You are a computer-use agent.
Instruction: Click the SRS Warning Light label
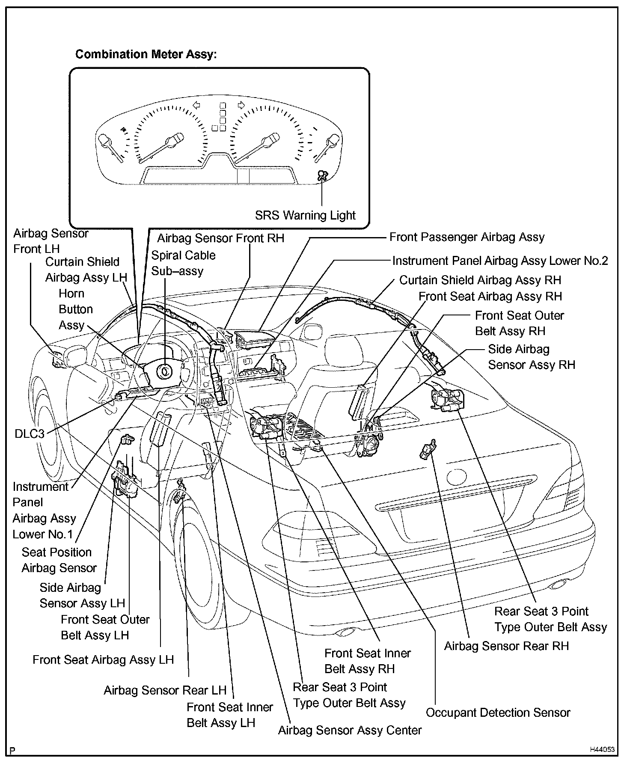pyautogui.click(x=305, y=215)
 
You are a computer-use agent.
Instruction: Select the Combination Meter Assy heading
pyautogui.click(x=146, y=54)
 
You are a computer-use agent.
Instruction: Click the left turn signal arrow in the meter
pyautogui.click(x=197, y=105)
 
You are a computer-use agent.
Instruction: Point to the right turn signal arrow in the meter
pyautogui.click(x=241, y=105)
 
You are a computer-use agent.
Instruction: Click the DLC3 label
pyautogui.click(x=29, y=433)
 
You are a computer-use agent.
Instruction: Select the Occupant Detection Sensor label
pyautogui.click(x=498, y=713)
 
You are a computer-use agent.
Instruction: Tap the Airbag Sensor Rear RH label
pyautogui.click(x=506, y=646)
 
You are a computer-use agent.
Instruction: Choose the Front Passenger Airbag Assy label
pyautogui.click(x=467, y=237)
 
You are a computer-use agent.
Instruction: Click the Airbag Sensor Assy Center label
pyautogui.click(x=350, y=730)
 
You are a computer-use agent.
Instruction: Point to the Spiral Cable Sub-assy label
pyautogui.click(x=183, y=263)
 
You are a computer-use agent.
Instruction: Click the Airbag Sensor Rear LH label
pyautogui.click(x=165, y=690)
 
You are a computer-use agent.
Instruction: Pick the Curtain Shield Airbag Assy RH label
pyautogui.click(x=480, y=280)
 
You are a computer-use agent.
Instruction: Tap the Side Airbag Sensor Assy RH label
pyautogui.click(x=532, y=357)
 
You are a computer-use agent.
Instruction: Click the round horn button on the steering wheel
pyautogui.click(x=164, y=371)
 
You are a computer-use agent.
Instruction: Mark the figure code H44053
pyautogui.click(x=602, y=749)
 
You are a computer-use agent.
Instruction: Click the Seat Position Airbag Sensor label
pyautogui.click(x=59, y=560)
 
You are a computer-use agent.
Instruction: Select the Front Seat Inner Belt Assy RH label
pyautogui.click(x=367, y=661)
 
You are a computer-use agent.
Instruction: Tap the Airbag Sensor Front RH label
pyautogui.click(x=220, y=238)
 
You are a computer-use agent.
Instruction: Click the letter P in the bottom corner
pyautogui.click(x=13, y=750)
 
